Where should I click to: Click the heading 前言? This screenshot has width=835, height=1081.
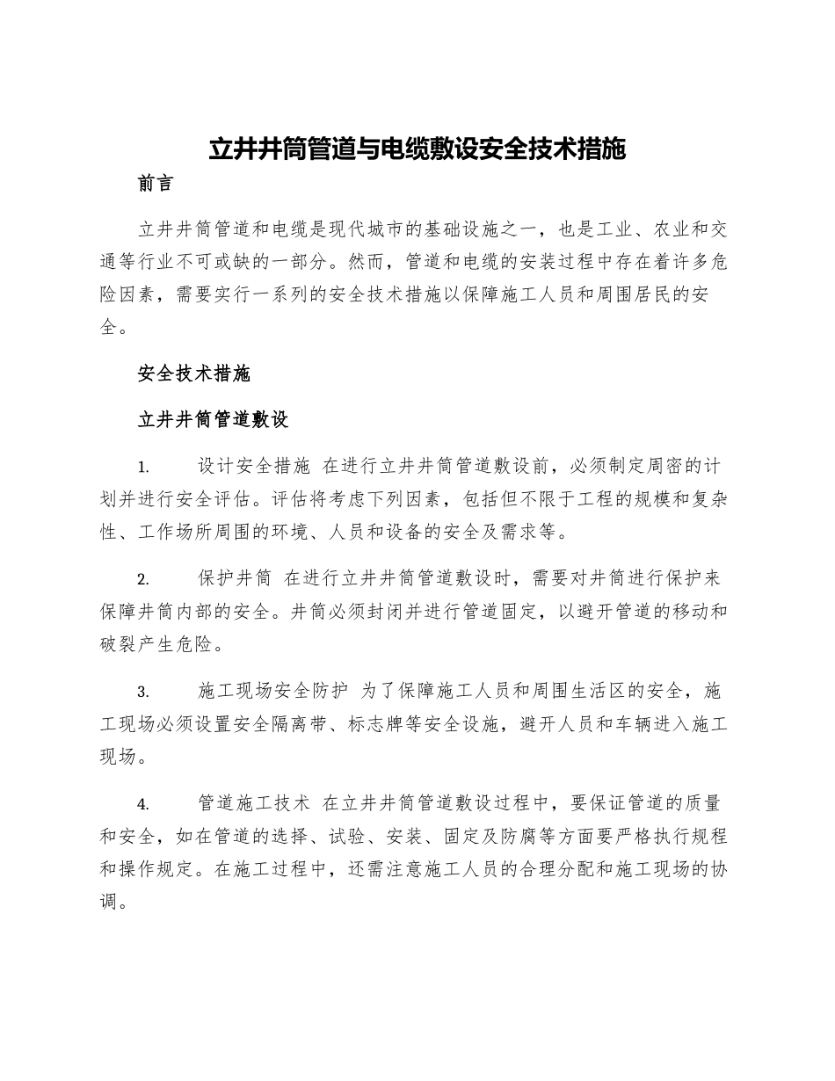click(156, 184)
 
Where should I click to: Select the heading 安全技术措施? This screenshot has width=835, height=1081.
click(194, 374)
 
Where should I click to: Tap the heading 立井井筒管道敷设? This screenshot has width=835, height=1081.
click(214, 419)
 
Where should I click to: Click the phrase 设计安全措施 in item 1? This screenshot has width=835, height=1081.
click(254, 465)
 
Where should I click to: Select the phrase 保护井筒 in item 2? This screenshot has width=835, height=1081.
click(235, 578)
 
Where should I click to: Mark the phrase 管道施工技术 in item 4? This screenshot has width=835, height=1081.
click(254, 803)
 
